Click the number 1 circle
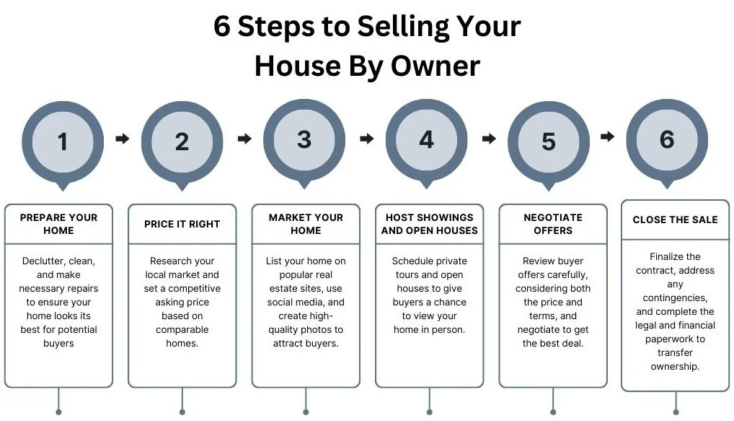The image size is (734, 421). point(63,142)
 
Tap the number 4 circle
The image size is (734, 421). point(427,139)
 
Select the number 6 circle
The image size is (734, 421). point(667,139)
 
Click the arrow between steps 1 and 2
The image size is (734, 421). point(123,139)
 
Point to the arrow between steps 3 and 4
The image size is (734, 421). point(367,138)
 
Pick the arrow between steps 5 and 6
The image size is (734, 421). point(608,136)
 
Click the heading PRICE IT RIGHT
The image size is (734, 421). point(182,224)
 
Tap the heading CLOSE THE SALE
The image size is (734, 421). point(675,220)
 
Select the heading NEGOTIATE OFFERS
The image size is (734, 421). point(553,224)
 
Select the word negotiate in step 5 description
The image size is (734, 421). point(541,330)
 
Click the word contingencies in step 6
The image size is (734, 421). point(675,298)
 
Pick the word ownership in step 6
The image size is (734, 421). point(675,366)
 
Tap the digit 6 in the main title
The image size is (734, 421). point(222,27)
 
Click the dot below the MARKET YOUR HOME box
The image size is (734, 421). point(306,412)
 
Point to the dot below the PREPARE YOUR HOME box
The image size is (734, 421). point(58,412)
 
